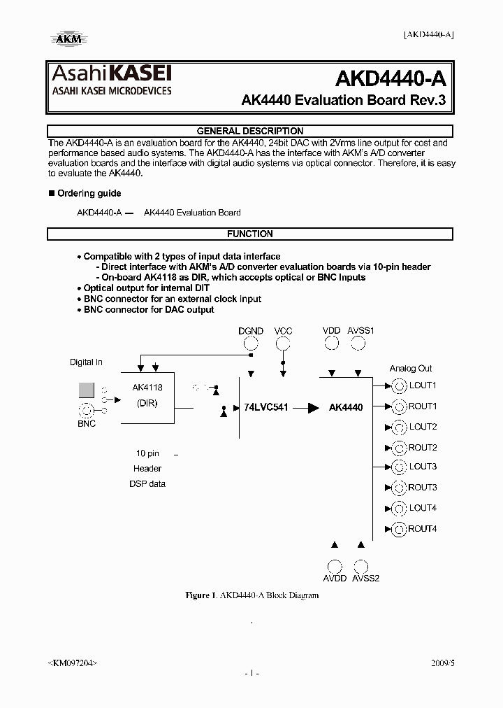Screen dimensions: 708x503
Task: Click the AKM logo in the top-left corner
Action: pos(68,38)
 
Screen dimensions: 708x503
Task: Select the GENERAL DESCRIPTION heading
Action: pos(250,131)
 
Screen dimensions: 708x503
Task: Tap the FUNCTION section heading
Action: pos(250,234)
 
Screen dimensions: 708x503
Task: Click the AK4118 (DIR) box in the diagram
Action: pos(147,397)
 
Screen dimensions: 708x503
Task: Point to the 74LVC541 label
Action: pos(266,407)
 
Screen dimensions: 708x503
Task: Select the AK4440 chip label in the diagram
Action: pos(346,407)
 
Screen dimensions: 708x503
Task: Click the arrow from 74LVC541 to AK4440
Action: pos(306,407)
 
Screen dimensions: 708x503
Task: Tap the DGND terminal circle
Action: pos(251,343)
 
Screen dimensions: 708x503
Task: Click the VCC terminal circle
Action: pos(283,343)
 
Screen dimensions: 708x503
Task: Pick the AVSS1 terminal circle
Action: pos(358,343)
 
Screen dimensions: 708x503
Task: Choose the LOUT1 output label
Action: pos(423,385)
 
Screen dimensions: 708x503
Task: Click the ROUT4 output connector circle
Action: pos(399,529)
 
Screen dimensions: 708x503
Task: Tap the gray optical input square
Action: pos(86,390)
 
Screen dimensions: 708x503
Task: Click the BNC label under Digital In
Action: pos(87,424)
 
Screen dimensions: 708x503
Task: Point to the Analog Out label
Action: pos(411,369)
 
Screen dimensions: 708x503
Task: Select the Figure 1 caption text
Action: pos(251,595)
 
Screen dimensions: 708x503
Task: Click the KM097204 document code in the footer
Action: pos(73,662)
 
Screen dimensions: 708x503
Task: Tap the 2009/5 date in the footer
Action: pos(442,662)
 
